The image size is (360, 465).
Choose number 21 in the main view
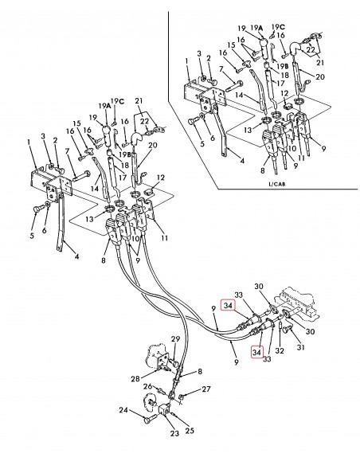pos(138,100)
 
